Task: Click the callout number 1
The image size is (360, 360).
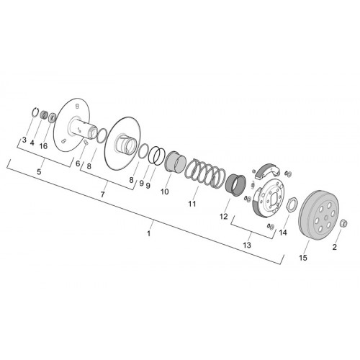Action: (x=149, y=233)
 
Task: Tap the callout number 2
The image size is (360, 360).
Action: (x=335, y=247)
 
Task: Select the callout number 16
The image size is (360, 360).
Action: (x=43, y=146)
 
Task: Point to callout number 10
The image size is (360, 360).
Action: (x=165, y=192)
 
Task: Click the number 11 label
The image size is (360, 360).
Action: (x=192, y=204)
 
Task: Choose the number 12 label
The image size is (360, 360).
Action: (x=223, y=217)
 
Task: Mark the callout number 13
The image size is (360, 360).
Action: (x=247, y=245)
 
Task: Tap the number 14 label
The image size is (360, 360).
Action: (x=283, y=233)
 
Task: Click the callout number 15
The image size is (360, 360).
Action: (x=303, y=258)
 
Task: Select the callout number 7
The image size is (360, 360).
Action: (x=102, y=194)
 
